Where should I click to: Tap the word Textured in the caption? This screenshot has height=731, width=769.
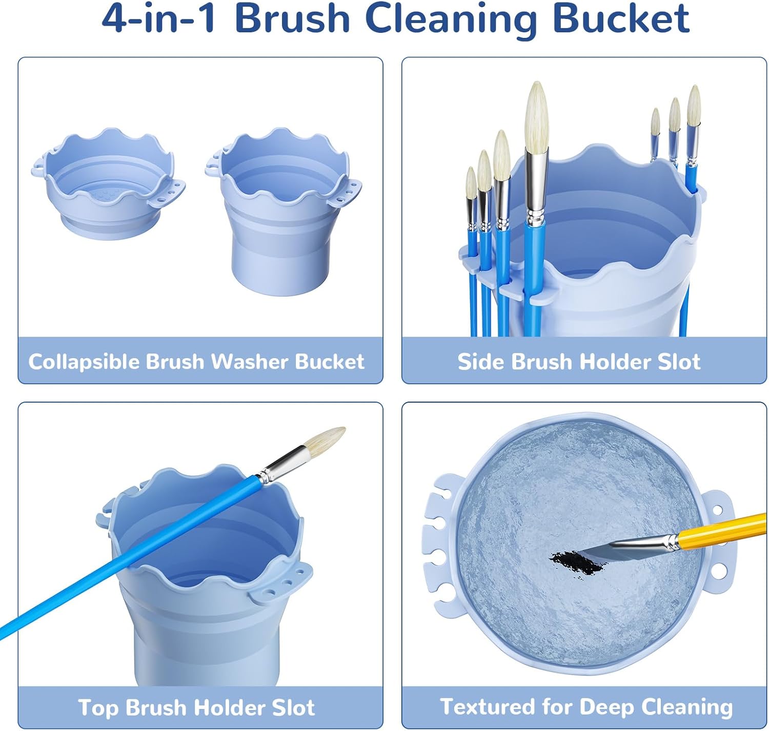coord(487,707)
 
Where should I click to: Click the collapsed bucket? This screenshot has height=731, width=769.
coord(108,184)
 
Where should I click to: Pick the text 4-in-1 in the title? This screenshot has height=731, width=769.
coord(158,19)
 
